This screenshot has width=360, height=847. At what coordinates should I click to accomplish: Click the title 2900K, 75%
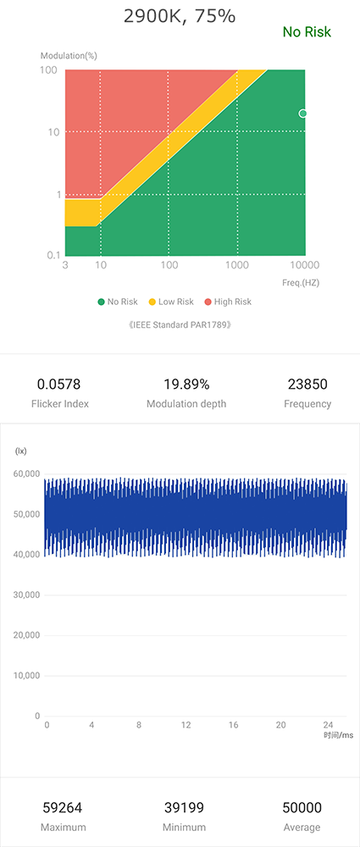point(179,15)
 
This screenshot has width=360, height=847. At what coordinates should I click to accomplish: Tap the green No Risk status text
point(307,32)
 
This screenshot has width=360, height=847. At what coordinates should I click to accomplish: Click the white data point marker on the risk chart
point(303,113)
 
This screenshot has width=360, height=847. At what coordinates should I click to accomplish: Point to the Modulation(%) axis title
point(69,55)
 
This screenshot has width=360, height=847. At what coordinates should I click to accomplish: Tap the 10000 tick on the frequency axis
point(304,266)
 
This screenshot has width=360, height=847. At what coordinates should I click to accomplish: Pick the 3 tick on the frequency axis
point(65,266)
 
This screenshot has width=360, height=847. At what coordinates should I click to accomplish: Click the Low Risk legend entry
point(171,302)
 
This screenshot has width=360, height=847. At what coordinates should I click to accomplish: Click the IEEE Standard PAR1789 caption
point(179,324)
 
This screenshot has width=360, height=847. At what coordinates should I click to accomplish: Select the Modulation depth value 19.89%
point(186,385)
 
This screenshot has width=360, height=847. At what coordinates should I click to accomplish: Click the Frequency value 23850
point(307,385)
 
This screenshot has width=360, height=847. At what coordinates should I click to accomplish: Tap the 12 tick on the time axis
point(186,726)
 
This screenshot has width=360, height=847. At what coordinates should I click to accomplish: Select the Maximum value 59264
point(63,808)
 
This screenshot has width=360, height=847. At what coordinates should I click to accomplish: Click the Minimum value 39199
point(184,808)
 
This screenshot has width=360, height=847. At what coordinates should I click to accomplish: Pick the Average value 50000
point(302,808)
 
